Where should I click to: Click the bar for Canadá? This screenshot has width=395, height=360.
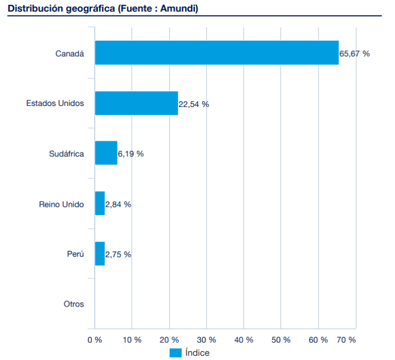(217, 53)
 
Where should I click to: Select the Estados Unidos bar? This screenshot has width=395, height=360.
(136, 103)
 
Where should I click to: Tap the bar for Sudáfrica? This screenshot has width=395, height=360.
(106, 153)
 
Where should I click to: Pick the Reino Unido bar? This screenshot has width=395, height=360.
(100, 203)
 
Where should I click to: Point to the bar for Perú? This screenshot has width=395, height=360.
(100, 254)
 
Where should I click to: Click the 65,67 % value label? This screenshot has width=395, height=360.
(354, 54)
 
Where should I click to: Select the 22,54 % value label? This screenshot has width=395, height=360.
(194, 104)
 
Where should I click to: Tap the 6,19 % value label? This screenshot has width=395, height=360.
(131, 154)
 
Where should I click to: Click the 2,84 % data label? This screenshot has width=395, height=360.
(118, 204)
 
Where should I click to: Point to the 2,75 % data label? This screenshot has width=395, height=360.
(118, 255)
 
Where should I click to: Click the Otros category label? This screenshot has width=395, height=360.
(74, 304)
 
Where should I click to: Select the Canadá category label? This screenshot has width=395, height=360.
(69, 53)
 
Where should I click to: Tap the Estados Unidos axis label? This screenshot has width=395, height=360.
(55, 103)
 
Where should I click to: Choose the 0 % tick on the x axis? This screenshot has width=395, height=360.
(95, 340)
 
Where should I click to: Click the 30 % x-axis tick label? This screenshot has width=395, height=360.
(206, 340)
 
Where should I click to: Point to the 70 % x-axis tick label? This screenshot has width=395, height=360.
(346, 340)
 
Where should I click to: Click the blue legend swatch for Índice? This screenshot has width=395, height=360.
(175, 353)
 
